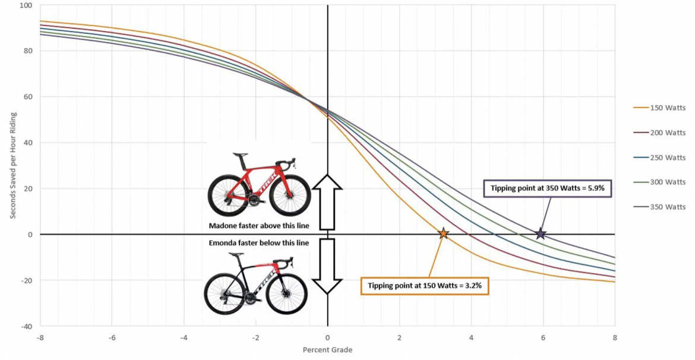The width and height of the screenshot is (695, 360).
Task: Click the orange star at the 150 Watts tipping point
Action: click(443, 233)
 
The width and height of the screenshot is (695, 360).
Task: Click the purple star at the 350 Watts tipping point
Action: click(541, 233)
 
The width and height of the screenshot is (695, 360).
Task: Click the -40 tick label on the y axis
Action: click(27, 326)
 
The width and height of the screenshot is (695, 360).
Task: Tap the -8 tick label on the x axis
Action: click(40, 337)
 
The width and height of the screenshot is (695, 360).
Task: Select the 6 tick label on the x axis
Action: click(543, 337)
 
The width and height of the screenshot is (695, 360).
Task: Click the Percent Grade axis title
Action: click(327, 350)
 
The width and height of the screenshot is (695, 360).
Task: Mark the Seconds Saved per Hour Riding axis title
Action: click(12, 165)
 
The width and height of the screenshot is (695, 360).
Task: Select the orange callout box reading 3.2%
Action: click(424, 285)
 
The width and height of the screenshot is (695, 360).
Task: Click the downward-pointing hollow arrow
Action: click(327, 266)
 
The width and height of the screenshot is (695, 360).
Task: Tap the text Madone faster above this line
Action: click(259, 226)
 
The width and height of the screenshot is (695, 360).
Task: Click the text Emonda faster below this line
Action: click(259, 243)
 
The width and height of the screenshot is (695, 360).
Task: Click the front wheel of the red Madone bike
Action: click(289, 195)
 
